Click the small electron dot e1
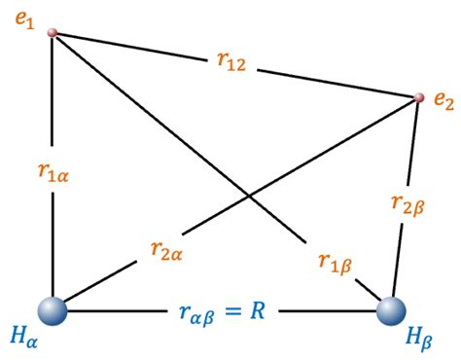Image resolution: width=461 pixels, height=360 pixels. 53,33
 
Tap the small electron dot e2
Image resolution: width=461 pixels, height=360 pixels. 419,97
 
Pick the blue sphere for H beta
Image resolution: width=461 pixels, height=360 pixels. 391,313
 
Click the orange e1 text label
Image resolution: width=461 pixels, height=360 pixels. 22,19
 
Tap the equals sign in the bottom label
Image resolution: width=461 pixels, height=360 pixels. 253,314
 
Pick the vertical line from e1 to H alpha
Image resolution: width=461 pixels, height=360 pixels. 53,107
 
